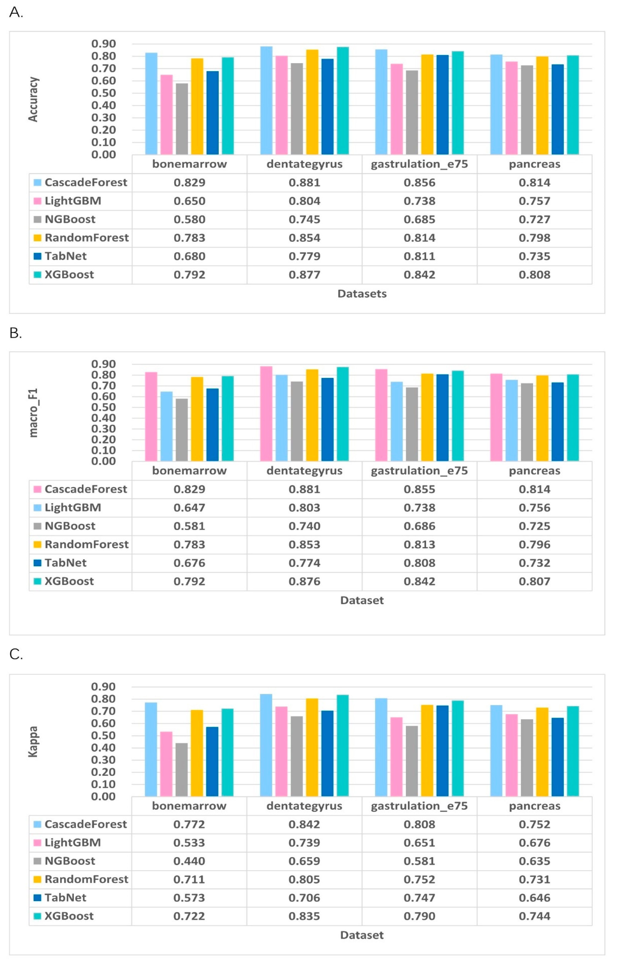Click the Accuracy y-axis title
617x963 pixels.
click(x=33, y=99)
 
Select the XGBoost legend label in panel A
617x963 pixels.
click(x=69, y=275)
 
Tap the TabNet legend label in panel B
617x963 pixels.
click(x=65, y=563)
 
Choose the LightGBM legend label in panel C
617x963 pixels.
click(x=72, y=842)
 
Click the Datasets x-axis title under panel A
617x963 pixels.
click(x=362, y=294)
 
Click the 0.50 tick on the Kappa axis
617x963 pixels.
click(x=103, y=735)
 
